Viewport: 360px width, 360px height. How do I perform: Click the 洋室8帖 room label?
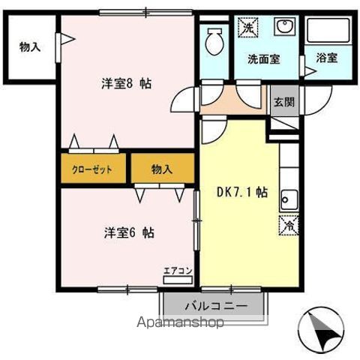(x=125, y=84)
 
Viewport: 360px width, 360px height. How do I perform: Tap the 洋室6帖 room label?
(x=129, y=232)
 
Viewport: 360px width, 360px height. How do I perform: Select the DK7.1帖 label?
(x=241, y=191)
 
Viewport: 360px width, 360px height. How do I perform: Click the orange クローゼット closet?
(x=92, y=169)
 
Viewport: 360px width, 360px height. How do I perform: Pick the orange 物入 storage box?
(x=161, y=169)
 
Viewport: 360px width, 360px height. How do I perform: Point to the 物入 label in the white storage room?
(x=30, y=47)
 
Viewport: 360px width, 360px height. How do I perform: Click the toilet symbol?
(x=214, y=39)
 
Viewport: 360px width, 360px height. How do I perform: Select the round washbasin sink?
(x=284, y=28)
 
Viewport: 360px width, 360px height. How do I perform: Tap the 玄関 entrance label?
(x=281, y=103)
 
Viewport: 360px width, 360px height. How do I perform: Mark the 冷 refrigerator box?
(x=288, y=223)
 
